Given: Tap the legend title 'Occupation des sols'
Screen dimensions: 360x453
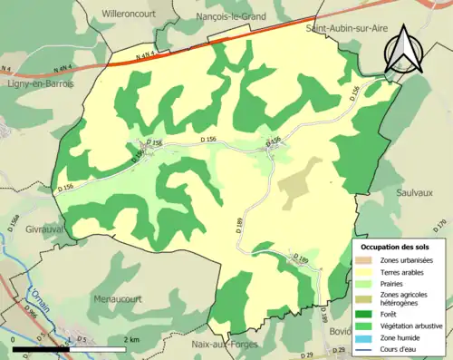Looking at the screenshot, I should pyautogui.click(x=395, y=247).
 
